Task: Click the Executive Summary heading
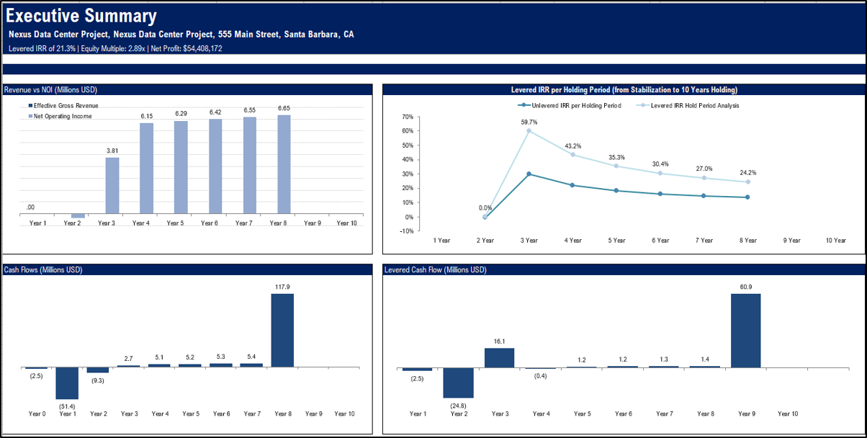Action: pos(81,17)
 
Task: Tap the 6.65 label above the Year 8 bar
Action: pos(284,109)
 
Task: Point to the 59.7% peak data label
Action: pos(529,122)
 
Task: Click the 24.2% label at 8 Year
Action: pos(747,173)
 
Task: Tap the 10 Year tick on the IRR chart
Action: pos(835,241)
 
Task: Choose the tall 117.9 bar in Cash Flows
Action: pos(282,330)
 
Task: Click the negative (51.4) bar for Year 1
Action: pos(67,383)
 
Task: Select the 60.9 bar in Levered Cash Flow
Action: pos(745,331)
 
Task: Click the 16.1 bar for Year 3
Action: pos(499,358)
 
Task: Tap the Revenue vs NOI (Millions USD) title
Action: pos(50,90)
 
